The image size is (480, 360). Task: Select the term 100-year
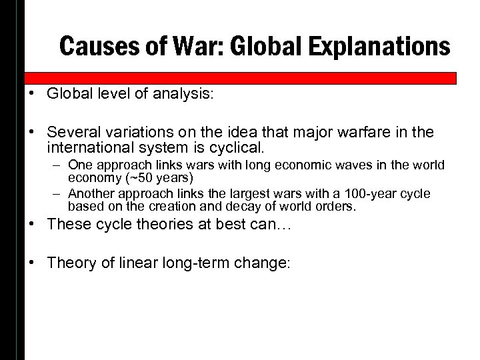pyautogui.click(x=357, y=194)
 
